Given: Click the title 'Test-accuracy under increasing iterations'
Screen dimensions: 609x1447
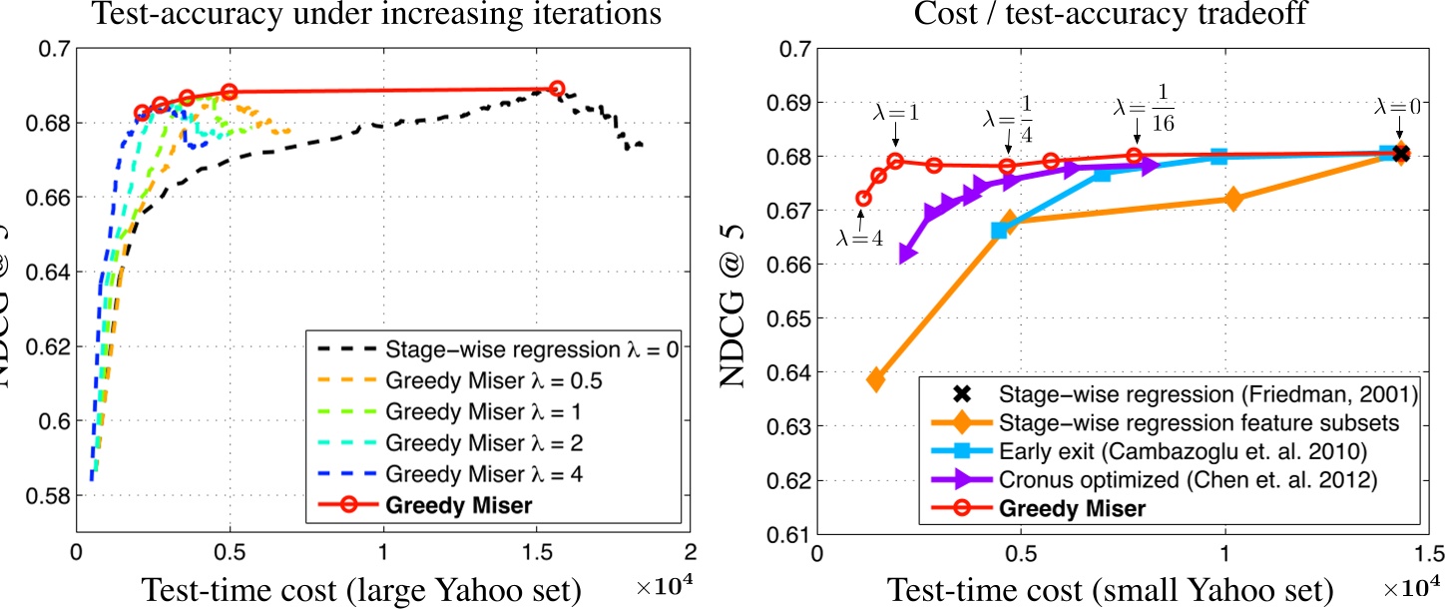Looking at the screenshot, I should tap(362, 14).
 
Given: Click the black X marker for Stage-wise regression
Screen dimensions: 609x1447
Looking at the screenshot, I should tap(1400, 153).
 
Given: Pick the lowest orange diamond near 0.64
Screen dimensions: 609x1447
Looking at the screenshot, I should tap(876, 379).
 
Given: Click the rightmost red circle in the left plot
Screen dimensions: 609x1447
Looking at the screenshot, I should tap(557, 89).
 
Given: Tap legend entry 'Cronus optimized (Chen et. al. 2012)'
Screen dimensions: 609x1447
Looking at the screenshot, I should tap(1174, 479).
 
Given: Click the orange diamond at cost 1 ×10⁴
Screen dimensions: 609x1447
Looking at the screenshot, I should tap(1232, 199).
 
